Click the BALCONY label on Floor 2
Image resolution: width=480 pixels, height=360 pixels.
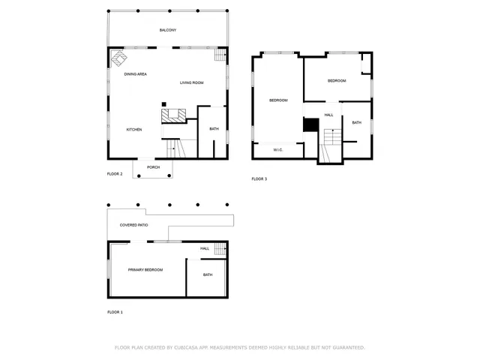pos(168,30)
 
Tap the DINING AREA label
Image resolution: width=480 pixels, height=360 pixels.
pos(135,74)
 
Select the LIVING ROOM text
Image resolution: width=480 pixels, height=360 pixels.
pos(191,82)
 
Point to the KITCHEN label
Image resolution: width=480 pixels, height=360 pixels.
pos(133,130)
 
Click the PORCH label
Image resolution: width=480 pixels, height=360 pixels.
pos(153,167)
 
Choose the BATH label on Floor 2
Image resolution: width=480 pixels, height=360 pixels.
pos(214,129)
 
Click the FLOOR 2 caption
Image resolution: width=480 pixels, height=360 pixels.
pos(115,174)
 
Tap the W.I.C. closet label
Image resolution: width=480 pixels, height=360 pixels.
pos(277,150)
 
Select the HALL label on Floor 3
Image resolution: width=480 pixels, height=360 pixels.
pos(328,115)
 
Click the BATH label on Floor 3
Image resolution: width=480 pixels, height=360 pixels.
pos(356,123)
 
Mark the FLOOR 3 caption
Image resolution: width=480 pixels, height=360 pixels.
pos(259,178)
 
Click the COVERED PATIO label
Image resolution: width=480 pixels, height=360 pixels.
pos(133,225)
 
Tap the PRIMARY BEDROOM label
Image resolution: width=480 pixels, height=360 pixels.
pos(145,270)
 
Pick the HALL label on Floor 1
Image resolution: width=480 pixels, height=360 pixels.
pos(204,248)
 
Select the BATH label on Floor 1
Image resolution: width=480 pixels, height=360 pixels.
pos(208,274)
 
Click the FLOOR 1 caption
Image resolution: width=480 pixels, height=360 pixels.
pos(115,311)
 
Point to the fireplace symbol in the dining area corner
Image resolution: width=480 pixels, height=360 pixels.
pos(118,58)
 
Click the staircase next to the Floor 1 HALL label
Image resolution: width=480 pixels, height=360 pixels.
pos(220,248)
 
